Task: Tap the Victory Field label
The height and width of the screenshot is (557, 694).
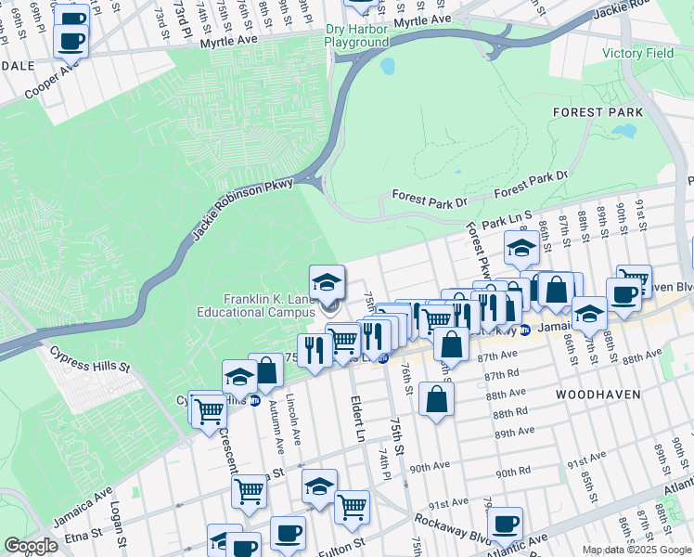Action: (x=636, y=53)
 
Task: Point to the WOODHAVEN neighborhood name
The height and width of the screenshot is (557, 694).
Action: (x=598, y=395)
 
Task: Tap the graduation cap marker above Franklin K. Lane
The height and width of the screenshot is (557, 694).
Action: (x=327, y=281)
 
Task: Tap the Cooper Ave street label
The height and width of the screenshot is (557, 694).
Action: (x=52, y=81)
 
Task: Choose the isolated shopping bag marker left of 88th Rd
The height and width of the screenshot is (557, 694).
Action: (x=435, y=400)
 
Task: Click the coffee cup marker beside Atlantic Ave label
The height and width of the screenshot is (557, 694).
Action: (x=505, y=523)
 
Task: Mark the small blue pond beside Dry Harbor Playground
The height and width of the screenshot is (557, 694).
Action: (x=386, y=67)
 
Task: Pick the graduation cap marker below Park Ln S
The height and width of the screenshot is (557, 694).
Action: (x=521, y=248)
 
